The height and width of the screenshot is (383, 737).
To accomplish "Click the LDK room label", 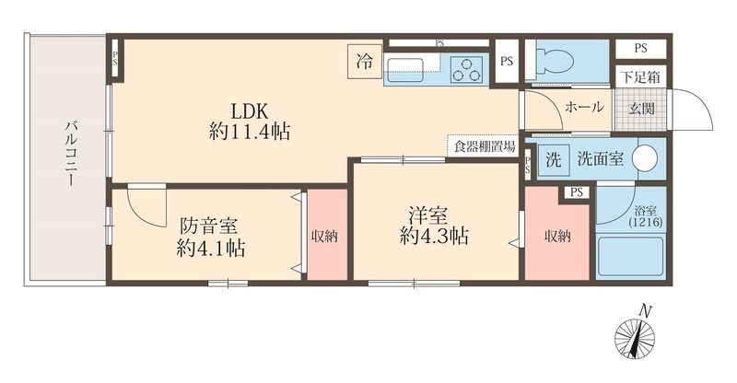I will [249, 118].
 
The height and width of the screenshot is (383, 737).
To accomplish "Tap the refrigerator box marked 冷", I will [365, 63].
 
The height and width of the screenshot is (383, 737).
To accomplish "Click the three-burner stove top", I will [469, 68].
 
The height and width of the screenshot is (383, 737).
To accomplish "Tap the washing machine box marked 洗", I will [554, 157].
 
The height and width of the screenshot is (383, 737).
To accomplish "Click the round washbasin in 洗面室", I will [648, 157].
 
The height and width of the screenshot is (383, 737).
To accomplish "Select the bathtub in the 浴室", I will [630, 258].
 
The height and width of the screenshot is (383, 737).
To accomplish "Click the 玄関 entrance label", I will [641, 107].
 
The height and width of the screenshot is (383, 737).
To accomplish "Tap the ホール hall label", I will [584, 107].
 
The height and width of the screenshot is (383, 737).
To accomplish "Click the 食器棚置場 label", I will [483, 145].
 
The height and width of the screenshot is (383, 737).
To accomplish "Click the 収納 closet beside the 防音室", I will [324, 237].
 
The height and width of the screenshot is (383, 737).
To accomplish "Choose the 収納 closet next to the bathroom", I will [557, 237].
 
